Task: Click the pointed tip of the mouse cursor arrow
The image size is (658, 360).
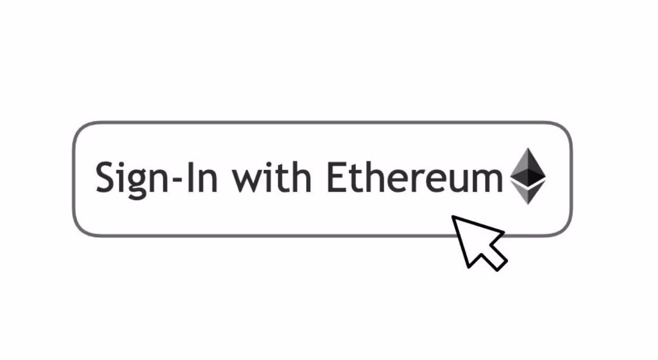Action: click(452, 217)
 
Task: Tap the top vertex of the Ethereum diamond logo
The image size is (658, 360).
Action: click(528, 148)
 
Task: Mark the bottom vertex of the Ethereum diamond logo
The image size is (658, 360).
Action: click(528, 204)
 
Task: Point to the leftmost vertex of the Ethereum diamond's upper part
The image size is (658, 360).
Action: click(510, 177)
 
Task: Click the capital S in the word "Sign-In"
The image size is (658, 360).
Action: click(104, 177)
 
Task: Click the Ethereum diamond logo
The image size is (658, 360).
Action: click(528, 176)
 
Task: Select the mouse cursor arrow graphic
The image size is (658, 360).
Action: click(479, 244)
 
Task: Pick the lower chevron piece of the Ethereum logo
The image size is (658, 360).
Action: click(528, 193)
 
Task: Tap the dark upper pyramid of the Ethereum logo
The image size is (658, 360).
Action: click(528, 167)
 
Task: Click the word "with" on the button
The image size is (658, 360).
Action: click(272, 177)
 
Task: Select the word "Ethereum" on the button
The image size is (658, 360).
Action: click(415, 177)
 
